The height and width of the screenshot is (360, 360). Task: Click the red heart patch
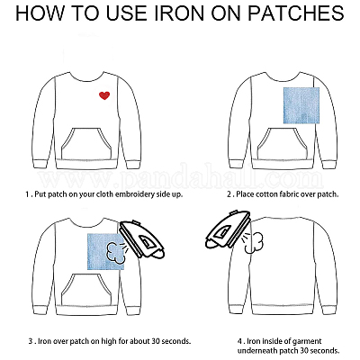(104, 95)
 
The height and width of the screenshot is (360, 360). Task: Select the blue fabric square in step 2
(301, 105)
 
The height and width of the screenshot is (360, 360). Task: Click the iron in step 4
(228, 229)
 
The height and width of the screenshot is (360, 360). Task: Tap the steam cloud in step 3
(115, 253)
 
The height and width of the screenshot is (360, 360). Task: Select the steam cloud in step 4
(254, 243)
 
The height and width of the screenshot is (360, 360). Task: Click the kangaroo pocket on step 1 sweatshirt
(86, 143)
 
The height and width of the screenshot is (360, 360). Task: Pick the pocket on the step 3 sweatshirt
(86, 289)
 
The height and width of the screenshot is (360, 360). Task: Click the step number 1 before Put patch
(28, 194)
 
